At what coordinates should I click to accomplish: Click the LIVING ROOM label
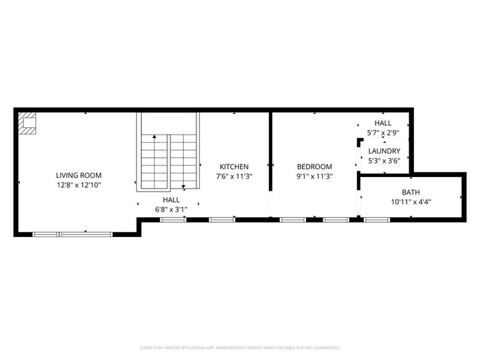point(78,175)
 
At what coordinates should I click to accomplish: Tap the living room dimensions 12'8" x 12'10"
point(78,184)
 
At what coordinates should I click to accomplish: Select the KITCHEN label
point(234,167)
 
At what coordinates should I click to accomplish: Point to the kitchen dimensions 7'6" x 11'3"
point(234,176)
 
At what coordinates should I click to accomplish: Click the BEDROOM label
point(314,167)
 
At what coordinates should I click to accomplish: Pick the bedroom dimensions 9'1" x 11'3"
point(314,176)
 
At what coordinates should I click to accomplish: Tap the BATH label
point(411,192)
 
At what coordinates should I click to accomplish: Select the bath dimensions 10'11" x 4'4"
point(411,201)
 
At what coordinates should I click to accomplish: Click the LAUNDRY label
point(384,151)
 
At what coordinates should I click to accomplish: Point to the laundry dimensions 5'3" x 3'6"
point(384,160)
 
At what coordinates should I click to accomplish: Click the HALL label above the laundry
point(383,123)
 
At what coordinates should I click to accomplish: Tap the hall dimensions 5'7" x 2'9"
point(383,132)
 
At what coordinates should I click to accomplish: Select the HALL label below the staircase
point(171,200)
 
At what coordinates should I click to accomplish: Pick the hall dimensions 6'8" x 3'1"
point(171,209)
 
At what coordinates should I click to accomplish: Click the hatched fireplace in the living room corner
point(27,122)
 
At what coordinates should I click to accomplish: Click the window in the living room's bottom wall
point(72,233)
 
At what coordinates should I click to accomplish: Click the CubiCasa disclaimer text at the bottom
point(240,347)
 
